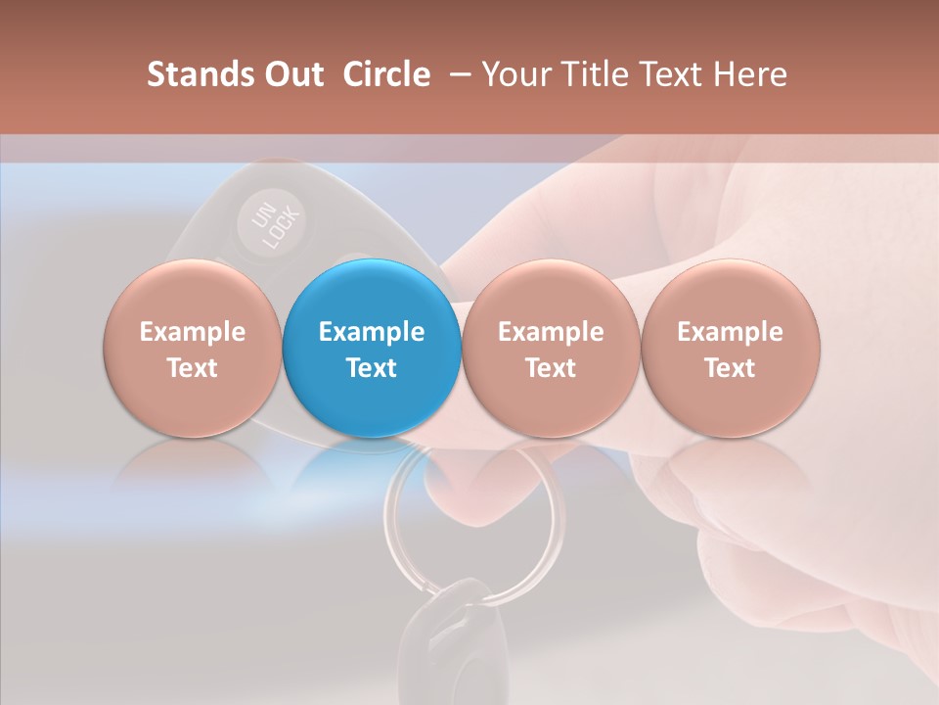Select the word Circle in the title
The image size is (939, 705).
click(386, 74)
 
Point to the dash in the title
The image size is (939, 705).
click(458, 74)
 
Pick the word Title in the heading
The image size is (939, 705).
click(596, 74)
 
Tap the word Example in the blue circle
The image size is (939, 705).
click(372, 332)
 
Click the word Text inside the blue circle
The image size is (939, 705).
click(372, 368)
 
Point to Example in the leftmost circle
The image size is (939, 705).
click(193, 332)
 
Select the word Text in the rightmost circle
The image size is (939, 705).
click(731, 368)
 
